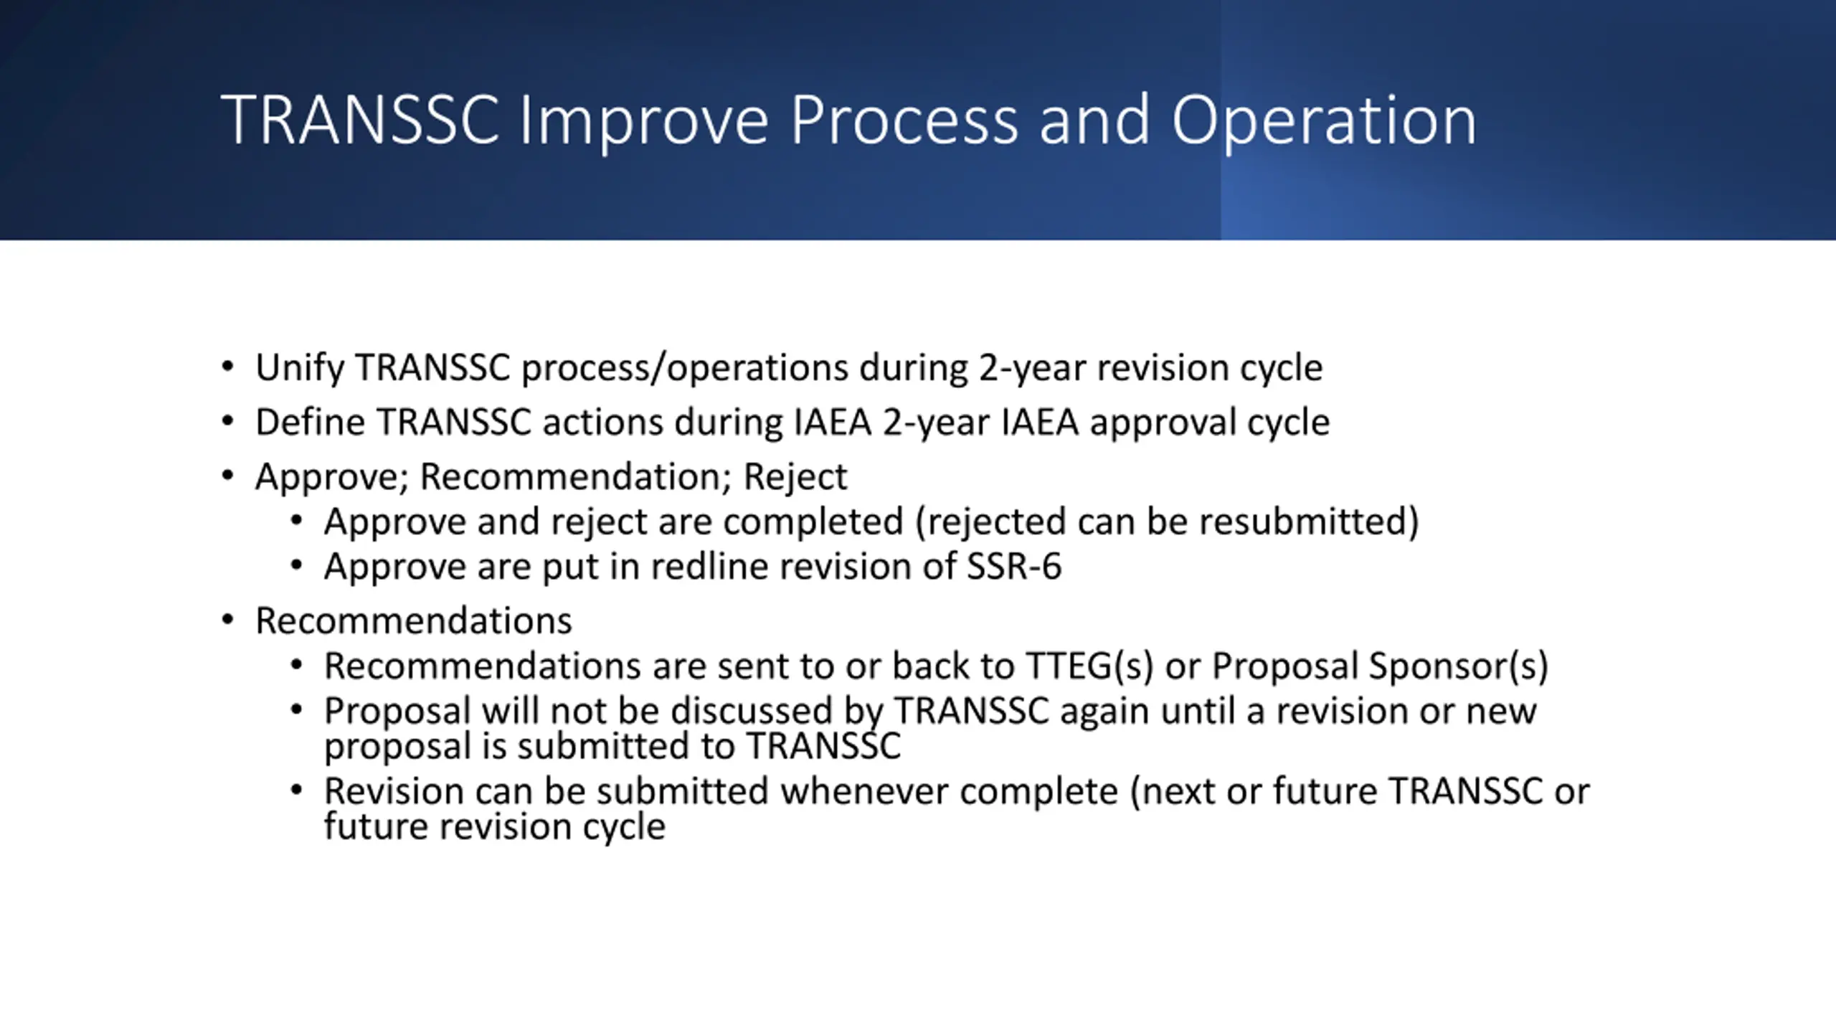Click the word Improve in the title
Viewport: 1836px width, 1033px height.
tap(643, 121)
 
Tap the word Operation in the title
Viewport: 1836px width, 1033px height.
tap(1324, 121)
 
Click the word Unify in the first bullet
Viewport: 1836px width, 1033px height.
tap(300, 369)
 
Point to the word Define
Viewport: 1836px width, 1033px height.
tap(310, 422)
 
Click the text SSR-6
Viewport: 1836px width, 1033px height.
tap(1014, 567)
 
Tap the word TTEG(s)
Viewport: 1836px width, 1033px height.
tap(1089, 666)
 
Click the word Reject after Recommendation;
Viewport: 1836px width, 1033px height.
tap(795, 478)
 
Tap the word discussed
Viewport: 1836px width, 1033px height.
tap(751, 712)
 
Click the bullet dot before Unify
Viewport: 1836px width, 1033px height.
tap(228, 367)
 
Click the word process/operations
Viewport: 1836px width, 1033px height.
tap(685, 369)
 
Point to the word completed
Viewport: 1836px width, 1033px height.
tap(813, 522)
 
